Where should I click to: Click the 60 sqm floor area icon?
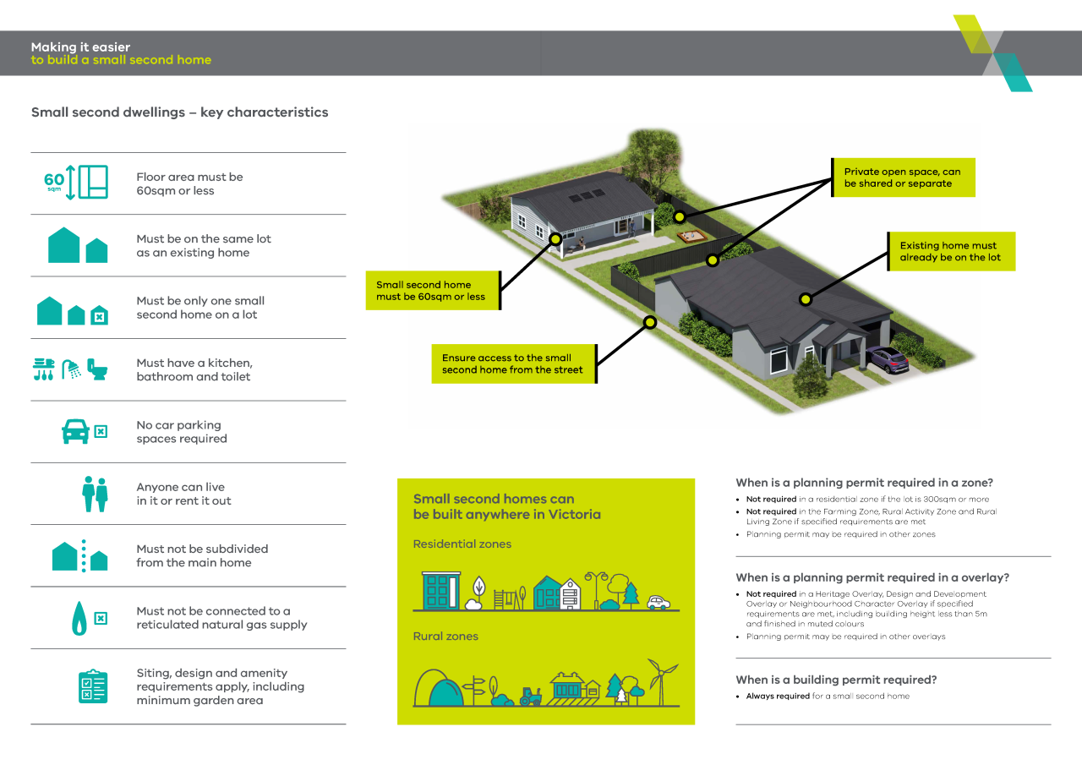(75, 183)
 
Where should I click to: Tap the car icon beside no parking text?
(76, 432)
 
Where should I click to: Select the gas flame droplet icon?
(79, 618)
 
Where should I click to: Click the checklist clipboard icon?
(92, 686)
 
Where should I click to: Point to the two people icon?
(95, 494)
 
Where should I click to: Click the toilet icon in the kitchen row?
(98, 369)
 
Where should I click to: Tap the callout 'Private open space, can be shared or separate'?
(903, 178)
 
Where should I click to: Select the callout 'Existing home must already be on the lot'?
(950, 251)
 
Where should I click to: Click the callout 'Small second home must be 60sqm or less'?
(432, 291)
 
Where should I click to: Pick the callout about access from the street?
(513, 363)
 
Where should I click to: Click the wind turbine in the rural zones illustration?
(662, 680)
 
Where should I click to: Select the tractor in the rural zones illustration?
(531, 697)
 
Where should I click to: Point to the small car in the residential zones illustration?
(658, 603)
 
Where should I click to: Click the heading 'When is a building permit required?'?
(836, 680)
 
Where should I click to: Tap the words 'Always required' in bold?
(778, 697)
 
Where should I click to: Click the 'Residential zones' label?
(462, 544)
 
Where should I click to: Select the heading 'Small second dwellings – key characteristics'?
(179, 112)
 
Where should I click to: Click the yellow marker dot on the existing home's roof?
(806, 299)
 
